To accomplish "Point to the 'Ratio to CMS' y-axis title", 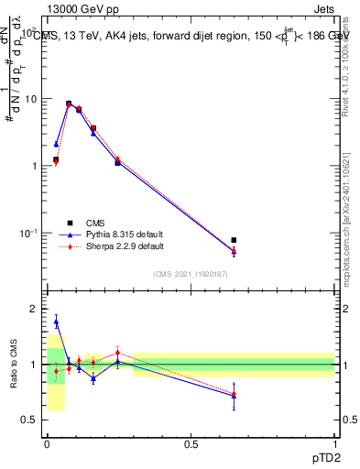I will pyautogui.click(x=14, y=364).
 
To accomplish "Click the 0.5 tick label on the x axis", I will pyautogui.click(x=191, y=443).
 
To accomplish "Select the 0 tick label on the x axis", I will pyautogui.click(x=47, y=443).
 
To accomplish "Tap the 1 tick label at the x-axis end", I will pyautogui.click(x=334, y=443).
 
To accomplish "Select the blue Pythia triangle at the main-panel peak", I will pyautogui.click(x=69, y=104).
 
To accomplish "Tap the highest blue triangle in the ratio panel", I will pyautogui.click(x=56, y=322).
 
